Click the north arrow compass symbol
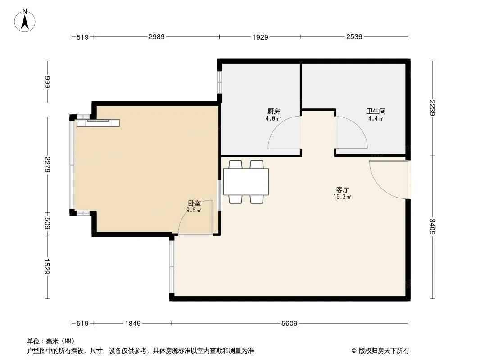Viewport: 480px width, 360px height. pos(25,21)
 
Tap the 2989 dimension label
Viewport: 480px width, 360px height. pos(156,37)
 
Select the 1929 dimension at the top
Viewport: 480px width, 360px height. pos(260,37)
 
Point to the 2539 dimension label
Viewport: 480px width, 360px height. pos(354,37)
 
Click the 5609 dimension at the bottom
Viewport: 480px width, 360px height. pos(289,323)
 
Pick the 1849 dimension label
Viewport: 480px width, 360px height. pos(133,323)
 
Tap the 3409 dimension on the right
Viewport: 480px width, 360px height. pos(432,227)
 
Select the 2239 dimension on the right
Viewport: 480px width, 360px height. pos(432,108)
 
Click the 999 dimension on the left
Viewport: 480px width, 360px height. pos(47,82)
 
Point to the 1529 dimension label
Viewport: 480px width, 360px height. pos(47,266)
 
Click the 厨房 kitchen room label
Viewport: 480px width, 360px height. pos(274,112)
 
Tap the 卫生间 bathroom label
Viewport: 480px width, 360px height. pos(376,111)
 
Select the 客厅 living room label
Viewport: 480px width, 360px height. pos(342,189)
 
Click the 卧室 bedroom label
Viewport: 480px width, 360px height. pos(195,203)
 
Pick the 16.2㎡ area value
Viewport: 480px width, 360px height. pos(342,197)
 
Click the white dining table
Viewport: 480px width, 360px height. pos(246,182)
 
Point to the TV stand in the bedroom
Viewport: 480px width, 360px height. pos(98,123)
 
